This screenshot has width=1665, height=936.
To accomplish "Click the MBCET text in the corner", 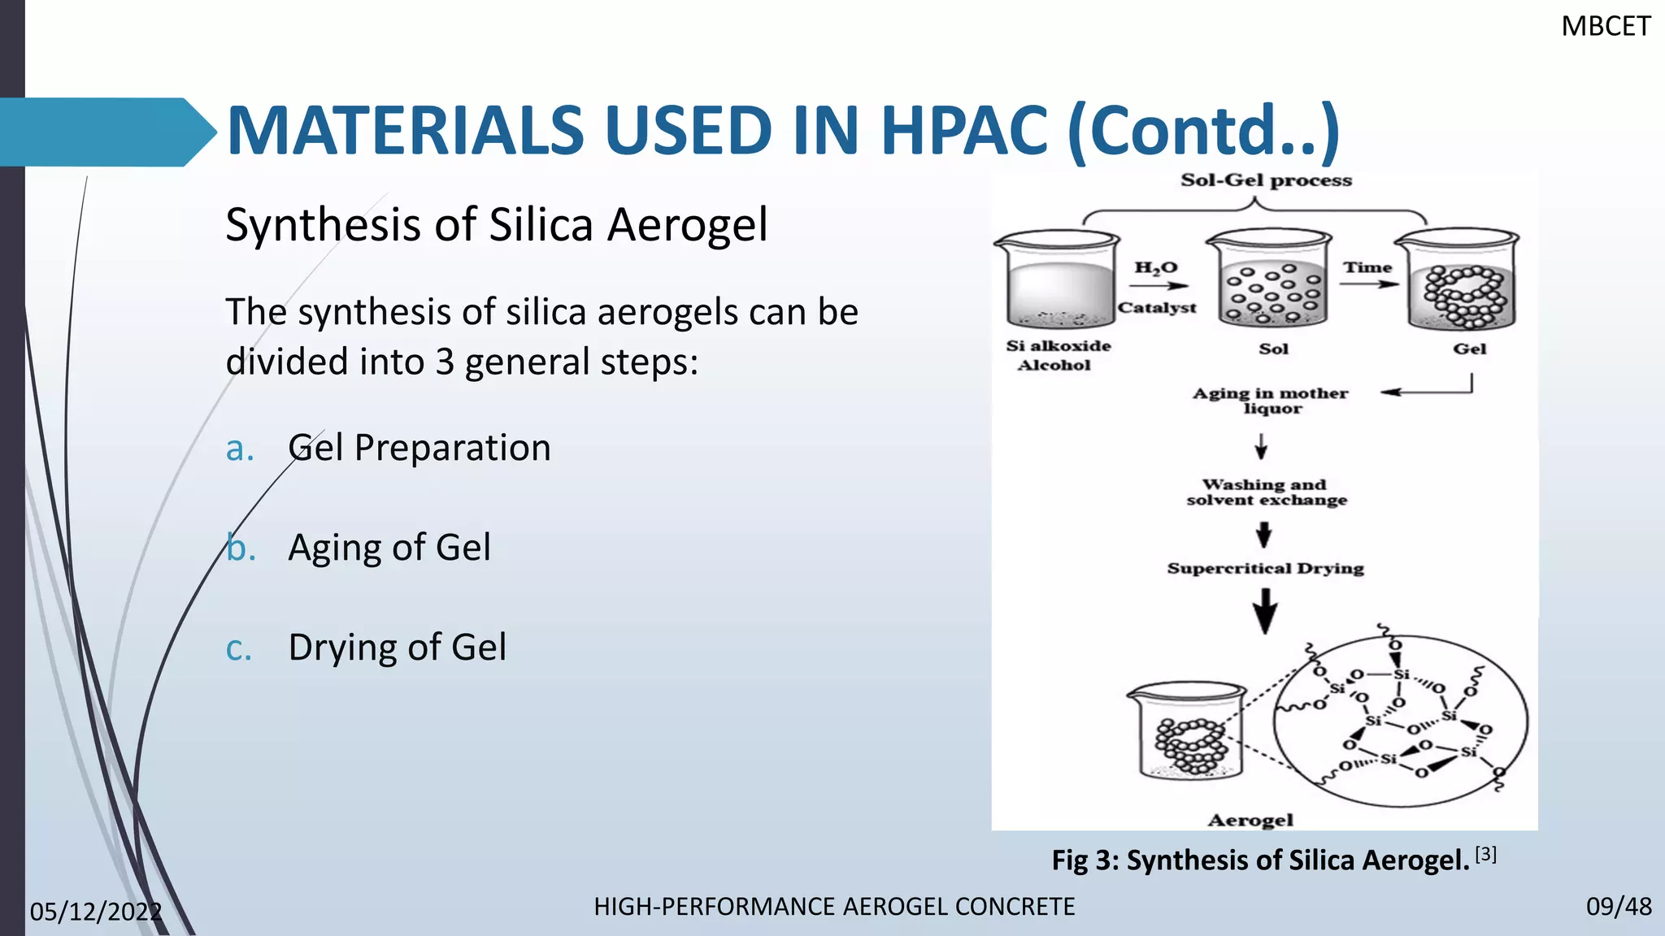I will coord(1606,27).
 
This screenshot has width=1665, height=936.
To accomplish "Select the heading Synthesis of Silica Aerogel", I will coord(496,224).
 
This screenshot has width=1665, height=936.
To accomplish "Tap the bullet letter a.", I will coord(240,448).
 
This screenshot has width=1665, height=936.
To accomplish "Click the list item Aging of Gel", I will coord(389,547).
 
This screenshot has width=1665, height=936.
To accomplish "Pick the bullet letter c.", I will coord(239,648).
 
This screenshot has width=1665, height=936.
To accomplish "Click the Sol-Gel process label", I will coord(1266,180).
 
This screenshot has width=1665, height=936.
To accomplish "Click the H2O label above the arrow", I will coord(1155,267).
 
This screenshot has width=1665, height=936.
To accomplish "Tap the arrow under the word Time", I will coord(1368,284).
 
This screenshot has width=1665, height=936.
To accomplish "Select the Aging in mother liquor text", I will coord(1270,401).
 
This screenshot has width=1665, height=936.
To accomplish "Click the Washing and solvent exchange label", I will coord(1266,492).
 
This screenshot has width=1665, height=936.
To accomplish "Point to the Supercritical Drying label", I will coord(1265,568).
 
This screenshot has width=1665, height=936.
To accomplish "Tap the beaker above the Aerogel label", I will coord(1186,731).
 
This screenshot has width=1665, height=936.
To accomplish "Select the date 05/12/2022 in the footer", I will coord(96,912).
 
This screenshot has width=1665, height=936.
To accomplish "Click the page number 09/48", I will coord(1618,907).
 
